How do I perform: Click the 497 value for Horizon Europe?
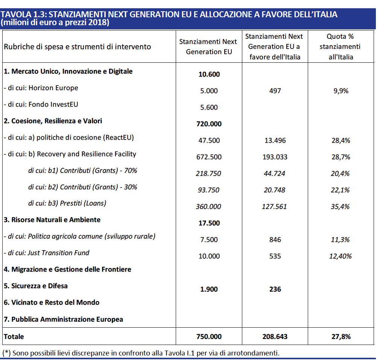coord(275,91)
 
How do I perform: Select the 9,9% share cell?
coord(341,91)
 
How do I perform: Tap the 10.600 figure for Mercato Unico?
coord(209,74)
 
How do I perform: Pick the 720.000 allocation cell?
coord(209,124)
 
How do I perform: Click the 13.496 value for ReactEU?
coord(275,141)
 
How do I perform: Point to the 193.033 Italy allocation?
coord(275,157)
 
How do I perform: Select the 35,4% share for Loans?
coord(341,207)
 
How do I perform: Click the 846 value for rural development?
coord(275,240)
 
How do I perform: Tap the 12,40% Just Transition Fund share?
coord(341,256)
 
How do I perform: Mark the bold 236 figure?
coord(275,289)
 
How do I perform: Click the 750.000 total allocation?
coord(209,337)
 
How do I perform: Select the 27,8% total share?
coord(341,337)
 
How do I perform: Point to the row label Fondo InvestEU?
coord(41,104)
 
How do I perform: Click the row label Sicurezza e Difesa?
coord(36,286)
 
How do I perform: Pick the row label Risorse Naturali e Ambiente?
coord(52,220)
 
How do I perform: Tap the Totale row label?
coord(14,337)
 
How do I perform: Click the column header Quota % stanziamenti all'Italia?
coord(340,47)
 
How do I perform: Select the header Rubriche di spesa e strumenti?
coord(77,47)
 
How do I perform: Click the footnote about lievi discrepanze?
coord(141,353)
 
